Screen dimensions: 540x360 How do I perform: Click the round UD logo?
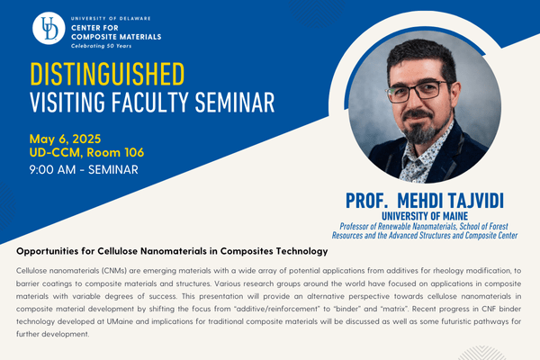(x=49, y=28)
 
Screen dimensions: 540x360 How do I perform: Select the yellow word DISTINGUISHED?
(x=107, y=74)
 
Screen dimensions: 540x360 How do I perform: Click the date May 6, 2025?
(x=65, y=139)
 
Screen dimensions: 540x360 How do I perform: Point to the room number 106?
(x=134, y=152)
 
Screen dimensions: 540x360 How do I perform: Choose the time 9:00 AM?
(x=52, y=169)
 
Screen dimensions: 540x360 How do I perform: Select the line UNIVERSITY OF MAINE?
(x=425, y=216)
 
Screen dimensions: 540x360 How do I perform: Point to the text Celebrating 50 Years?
(x=101, y=46)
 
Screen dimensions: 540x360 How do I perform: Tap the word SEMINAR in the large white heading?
(x=235, y=103)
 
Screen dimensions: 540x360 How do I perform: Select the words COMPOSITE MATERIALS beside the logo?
(x=116, y=37)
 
